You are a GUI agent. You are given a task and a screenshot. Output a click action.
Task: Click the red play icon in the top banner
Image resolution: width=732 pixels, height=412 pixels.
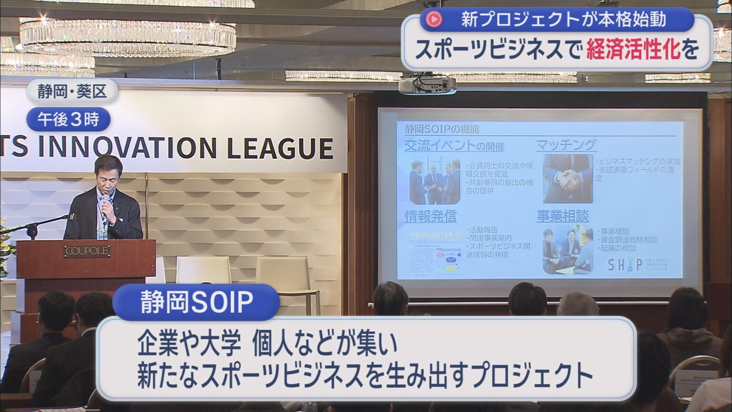[434, 20]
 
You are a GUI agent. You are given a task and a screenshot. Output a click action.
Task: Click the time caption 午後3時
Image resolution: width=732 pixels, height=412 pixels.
[68, 119]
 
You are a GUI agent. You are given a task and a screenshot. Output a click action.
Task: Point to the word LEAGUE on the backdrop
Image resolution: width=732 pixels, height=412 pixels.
[279, 148]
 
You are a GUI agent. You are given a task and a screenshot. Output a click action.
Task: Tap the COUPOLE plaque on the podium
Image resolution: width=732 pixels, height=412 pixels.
[87, 251]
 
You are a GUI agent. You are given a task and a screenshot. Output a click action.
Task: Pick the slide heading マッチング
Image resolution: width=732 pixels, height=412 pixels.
[566, 145]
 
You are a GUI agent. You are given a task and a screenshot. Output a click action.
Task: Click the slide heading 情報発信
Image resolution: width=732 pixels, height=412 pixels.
[430, 216]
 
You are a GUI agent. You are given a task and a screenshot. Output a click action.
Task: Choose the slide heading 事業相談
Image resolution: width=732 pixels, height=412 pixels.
[563, 216]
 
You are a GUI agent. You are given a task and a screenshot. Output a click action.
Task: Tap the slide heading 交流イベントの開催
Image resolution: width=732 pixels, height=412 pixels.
[454, 146]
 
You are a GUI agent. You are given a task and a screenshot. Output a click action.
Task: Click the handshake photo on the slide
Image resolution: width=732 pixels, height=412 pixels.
[567, 178]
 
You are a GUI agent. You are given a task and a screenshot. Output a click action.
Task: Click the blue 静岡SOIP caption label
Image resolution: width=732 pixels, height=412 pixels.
[196, 302]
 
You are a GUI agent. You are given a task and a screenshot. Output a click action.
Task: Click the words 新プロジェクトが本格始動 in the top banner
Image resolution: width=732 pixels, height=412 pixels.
[563, 20]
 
